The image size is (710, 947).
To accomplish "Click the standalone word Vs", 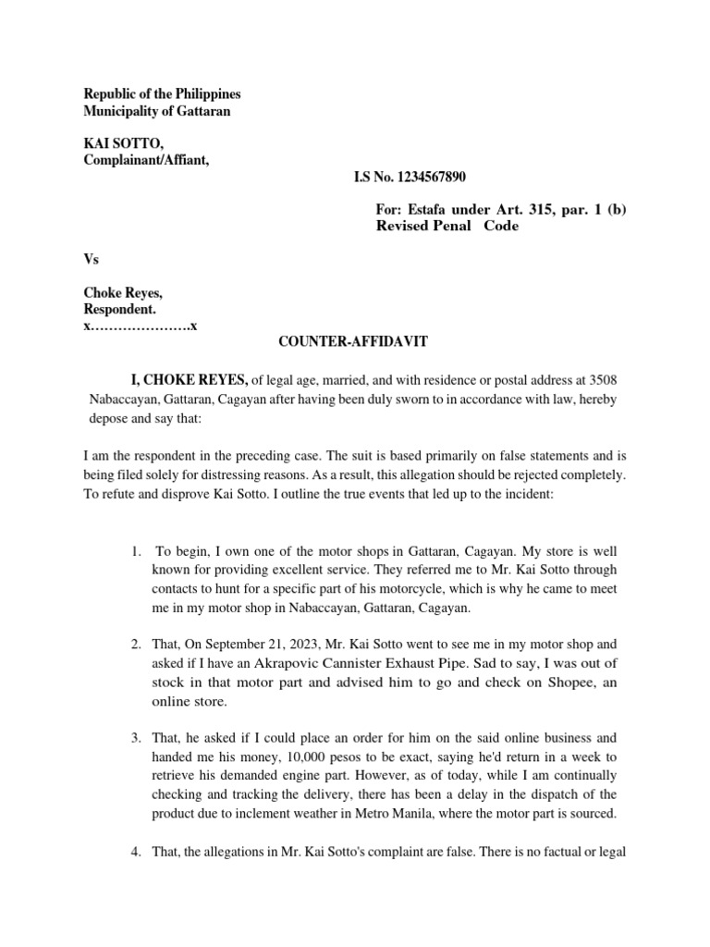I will [91, 260].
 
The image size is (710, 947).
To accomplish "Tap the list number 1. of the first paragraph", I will [136, 551].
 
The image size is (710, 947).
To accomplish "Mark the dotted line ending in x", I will [140, 326].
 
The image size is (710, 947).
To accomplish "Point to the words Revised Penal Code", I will [447, 226].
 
